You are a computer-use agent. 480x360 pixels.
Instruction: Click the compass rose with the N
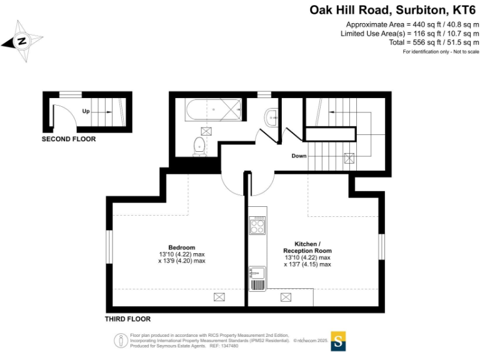tap(22, 41)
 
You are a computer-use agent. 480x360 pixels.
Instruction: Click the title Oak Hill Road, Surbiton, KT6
tap(392, 10)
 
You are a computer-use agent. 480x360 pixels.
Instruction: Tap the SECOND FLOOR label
tap(69, 139)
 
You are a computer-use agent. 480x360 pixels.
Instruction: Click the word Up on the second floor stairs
tap(87, 112)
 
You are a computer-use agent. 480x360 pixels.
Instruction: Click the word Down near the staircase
tap(298, 156)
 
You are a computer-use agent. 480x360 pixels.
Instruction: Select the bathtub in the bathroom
tap(212, 111)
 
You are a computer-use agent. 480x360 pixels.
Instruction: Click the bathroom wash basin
tap(271, 117)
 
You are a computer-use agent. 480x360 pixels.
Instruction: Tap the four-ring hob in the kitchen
tap(257, 226)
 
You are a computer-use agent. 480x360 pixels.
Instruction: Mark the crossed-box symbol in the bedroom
tap(219, 297)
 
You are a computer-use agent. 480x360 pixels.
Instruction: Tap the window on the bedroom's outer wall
tap(107, 246)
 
